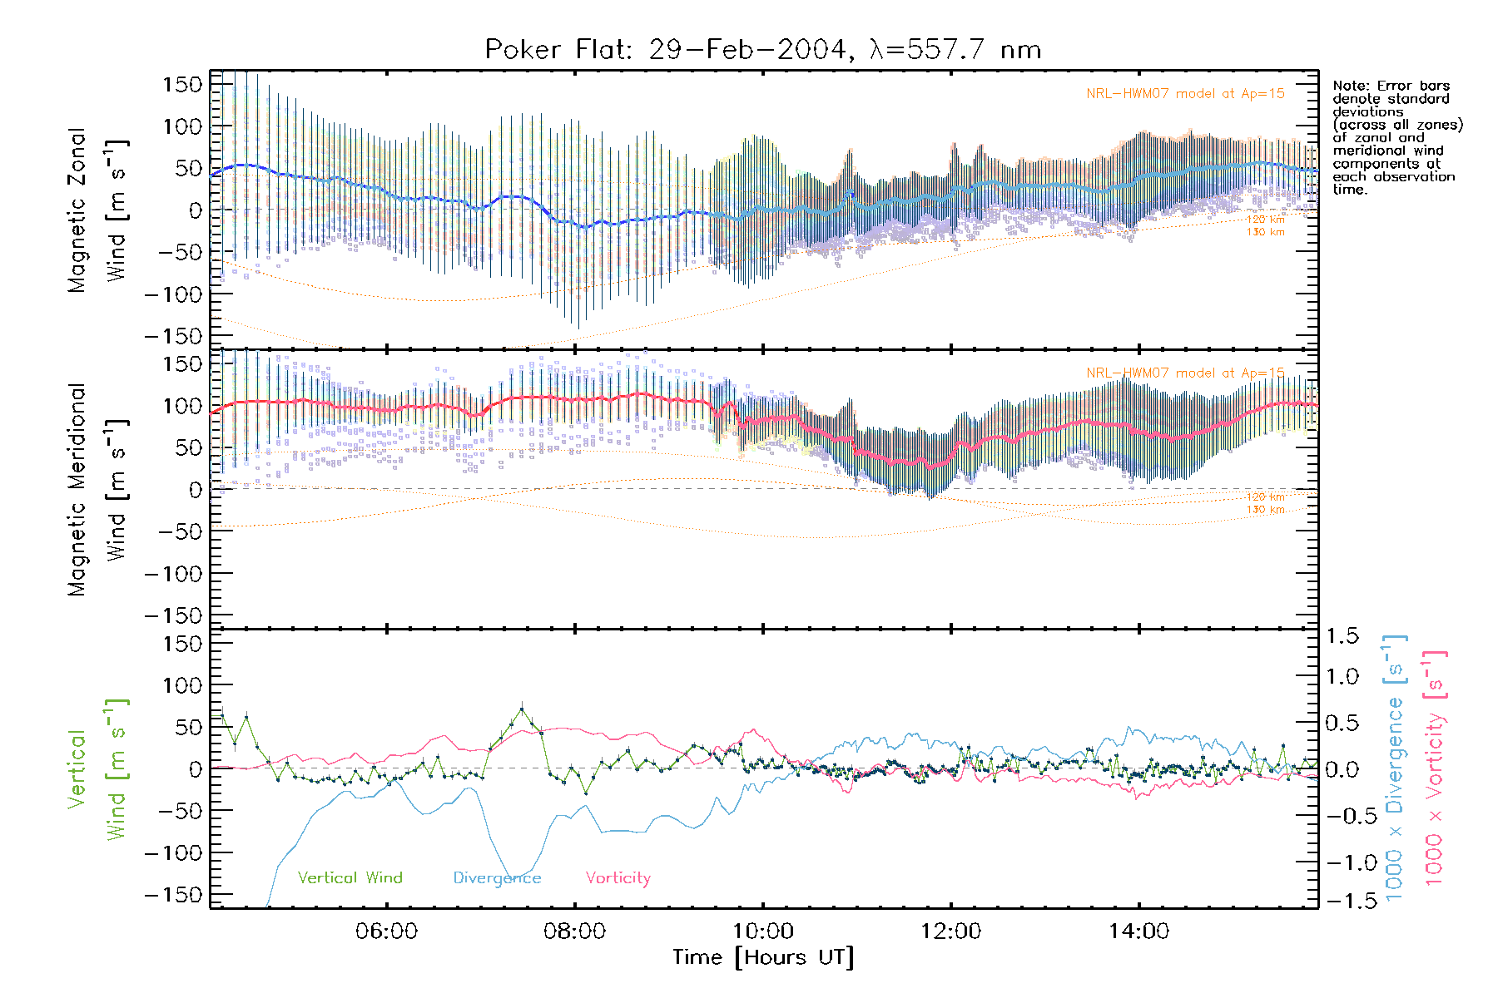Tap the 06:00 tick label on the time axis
click(x=386, y=931)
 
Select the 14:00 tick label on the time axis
click(x=1138, y=931)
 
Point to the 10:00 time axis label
click(x=763, y=931)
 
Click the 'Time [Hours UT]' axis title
click(x=763, y=958)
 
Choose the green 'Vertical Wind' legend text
click(x=350, y=878)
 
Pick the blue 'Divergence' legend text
click(x=497, y=878)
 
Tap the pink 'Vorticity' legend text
click(x=618, y=878)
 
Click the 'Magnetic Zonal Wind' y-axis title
click(x=98, y=210)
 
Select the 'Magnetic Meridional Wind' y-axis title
click(x=98, y=489)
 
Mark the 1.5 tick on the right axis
click(x=1342, y=636)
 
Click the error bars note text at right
click(x=1396, y=137)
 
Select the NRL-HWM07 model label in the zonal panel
click(x=1184, y=94)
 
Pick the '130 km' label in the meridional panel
click(x=1265, y=510)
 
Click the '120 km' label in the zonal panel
click(x=1265, y=220)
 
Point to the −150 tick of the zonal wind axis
click(x=173, y=336)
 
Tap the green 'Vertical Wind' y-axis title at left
click(x=98, y=769)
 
